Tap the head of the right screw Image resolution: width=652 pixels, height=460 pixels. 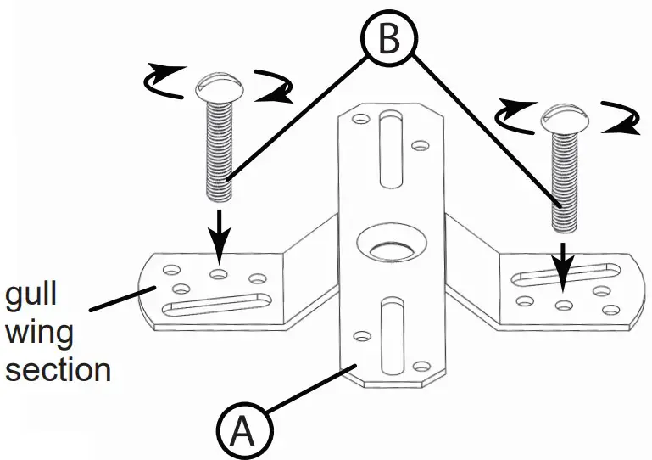click(x=564, y=118)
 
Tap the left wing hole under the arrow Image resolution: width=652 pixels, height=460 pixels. click(x=220, y=274)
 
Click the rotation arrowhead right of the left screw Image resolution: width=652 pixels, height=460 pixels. click(x=273, y=96)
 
